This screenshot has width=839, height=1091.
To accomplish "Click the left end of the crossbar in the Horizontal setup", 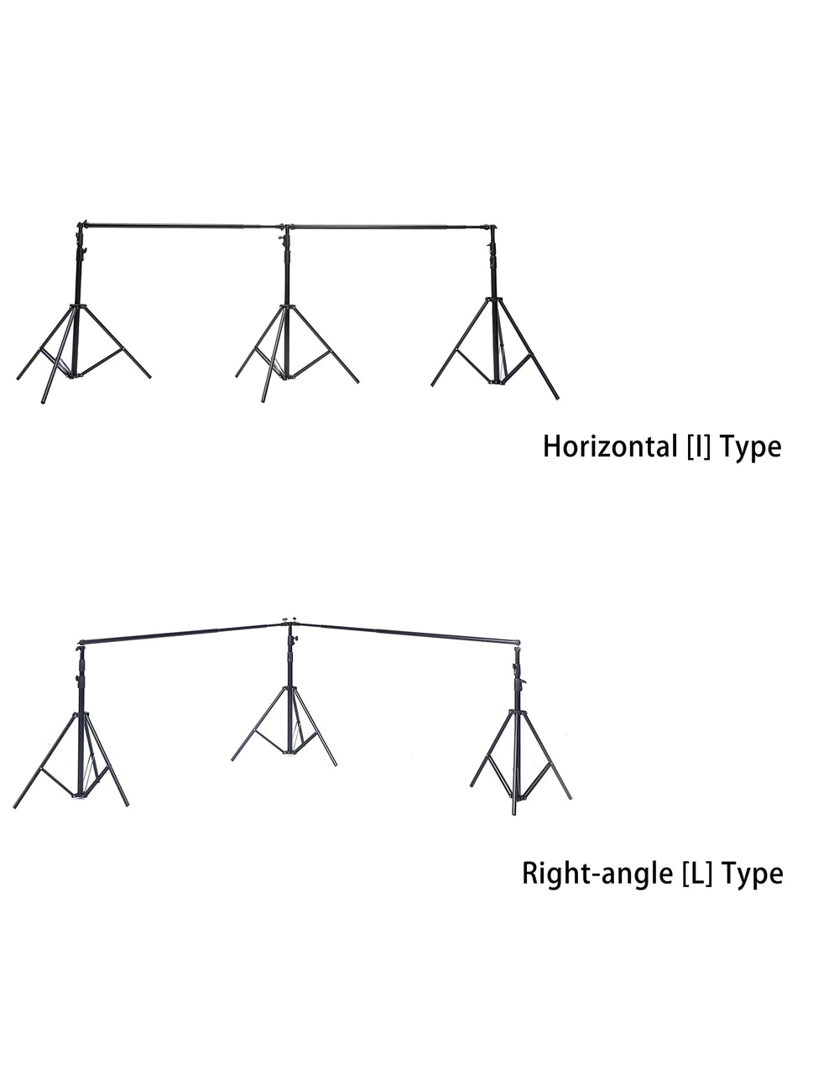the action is (x=79, y=224).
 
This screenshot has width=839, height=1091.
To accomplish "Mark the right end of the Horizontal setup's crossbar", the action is (x=497, y=227).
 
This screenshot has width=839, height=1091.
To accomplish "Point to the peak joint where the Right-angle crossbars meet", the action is (x=287, y=624).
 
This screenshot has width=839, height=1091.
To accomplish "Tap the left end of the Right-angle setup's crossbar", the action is (x=81, y=643).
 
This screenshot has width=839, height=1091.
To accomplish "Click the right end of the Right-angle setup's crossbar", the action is (x=519, y=642).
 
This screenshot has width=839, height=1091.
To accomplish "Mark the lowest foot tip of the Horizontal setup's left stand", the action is (x=43, y=402).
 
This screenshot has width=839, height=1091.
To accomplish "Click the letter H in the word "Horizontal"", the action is (x=551, y=446).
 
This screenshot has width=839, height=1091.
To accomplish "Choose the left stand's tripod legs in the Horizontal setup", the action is (x=83, y=354).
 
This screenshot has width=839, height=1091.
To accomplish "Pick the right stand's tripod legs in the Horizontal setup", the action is (x=495, y=348).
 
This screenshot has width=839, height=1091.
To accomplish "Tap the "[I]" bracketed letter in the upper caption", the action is (x=699, y=446).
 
